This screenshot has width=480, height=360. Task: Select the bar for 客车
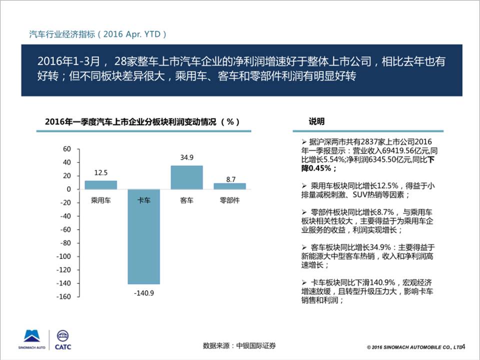(x=186, y=177)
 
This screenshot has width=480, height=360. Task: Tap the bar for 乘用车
(x=100, y=185)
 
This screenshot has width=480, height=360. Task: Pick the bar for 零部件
(x=229, y=186)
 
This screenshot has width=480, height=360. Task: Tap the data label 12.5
(x=100, y=172)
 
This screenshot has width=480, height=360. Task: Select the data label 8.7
(x=230, y=178)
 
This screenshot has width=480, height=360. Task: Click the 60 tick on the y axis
(x=67, y=149)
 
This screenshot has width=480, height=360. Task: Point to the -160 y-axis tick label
(x=65, y=296)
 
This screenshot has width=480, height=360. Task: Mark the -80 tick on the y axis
(x=66, y=243)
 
